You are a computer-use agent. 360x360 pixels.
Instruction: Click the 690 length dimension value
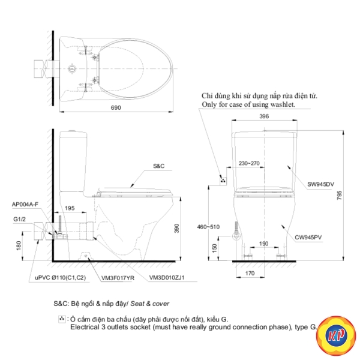[116, 107]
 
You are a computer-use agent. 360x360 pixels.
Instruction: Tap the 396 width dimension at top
[264, 116]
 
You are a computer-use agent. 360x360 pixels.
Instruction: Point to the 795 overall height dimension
[340, 195]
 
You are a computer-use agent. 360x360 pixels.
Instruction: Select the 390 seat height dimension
[176, 229]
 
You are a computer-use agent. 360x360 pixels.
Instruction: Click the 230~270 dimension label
[249, 163]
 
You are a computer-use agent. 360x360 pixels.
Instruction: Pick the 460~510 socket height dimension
[208, 227]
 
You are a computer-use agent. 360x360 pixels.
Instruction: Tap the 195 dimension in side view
[70, 208]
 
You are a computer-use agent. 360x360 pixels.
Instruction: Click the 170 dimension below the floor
[250, 273]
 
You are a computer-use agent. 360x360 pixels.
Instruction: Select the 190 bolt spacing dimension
[263, 244]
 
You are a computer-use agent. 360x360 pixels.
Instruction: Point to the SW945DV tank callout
[321, 184]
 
